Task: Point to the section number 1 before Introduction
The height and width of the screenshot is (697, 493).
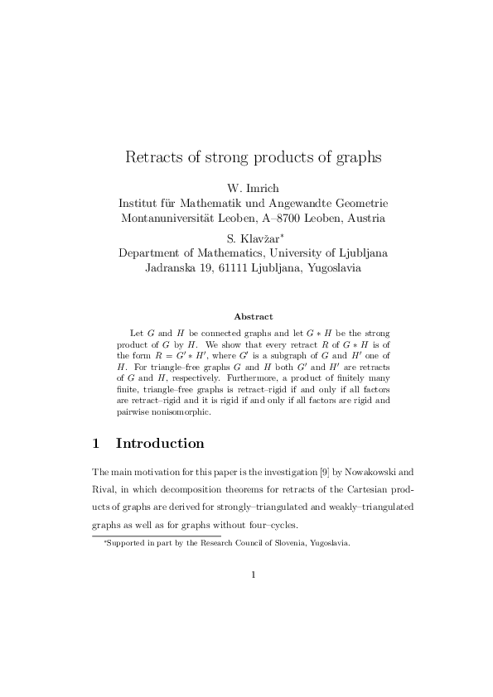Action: [x=96, y=443]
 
